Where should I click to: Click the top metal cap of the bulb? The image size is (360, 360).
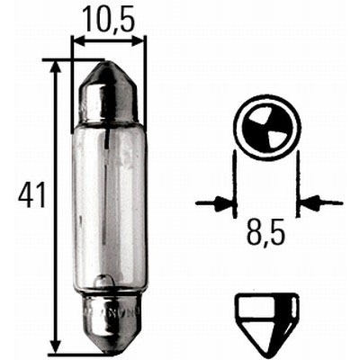[x=108, y=89]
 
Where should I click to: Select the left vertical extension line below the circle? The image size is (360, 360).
[x=235, y=184]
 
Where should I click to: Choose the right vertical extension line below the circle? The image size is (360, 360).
[x=299, y=184]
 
